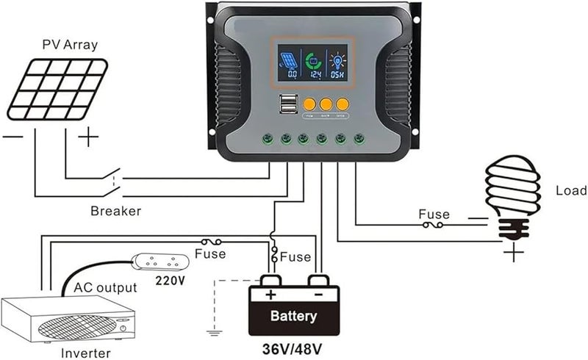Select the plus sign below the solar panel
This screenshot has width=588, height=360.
88,137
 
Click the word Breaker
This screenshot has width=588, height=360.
115,211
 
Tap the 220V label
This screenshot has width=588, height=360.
170,280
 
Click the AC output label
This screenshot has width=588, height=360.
105,287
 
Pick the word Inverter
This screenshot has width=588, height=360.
87,353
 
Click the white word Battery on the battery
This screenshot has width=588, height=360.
294,317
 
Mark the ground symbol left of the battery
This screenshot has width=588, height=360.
214,331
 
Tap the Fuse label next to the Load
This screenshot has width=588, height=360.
434,215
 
